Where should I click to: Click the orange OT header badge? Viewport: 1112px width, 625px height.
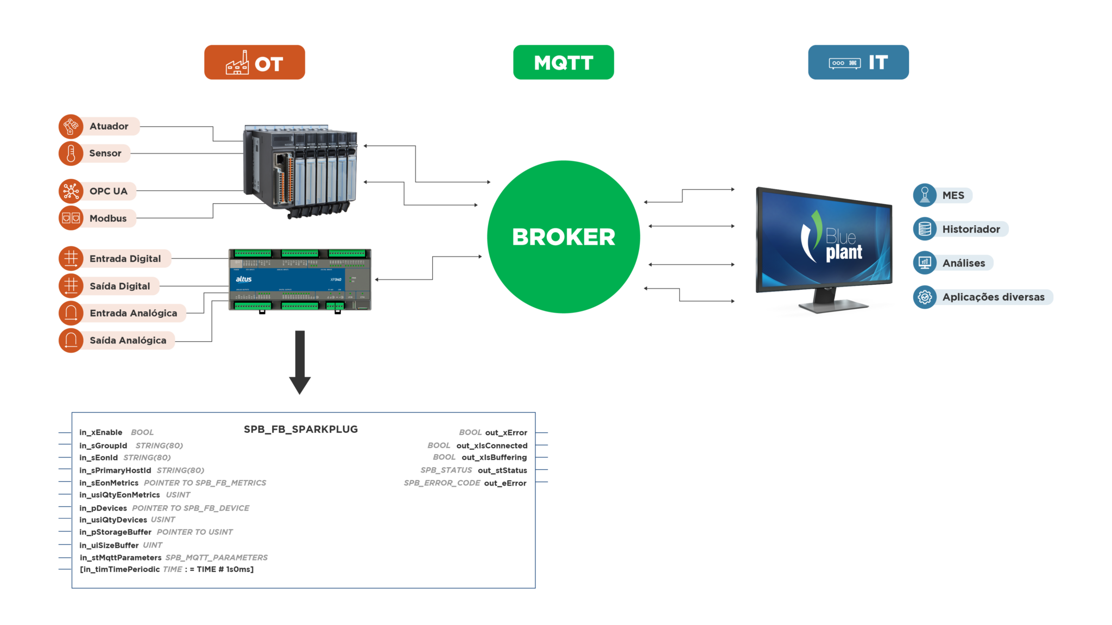[x=255, y=63]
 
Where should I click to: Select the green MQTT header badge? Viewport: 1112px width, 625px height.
[x=563, y=63]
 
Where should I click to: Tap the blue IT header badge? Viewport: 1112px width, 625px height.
[x=858, y=63]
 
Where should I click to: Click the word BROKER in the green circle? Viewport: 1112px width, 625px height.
[x=563, y=237]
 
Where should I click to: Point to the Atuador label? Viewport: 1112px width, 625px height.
[x=109, y=126]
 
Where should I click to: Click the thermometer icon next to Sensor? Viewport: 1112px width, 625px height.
[x=71, y=154]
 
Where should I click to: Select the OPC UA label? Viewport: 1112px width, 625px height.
[x=108, y=192]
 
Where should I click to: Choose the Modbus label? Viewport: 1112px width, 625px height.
[x=108, y=219]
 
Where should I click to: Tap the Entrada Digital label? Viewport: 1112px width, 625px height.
[x=125, y=259]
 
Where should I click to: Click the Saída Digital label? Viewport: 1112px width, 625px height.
[x=119, y=286]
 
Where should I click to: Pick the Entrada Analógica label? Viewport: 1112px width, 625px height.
[x=133, y=313]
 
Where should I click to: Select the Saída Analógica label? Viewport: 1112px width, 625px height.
[x=128, y=340]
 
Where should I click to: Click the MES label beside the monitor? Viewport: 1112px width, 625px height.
[x=953, y=195]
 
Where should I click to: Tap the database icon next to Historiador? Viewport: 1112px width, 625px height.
[x=925, y=229]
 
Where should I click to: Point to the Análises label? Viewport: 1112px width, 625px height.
[x=963, y=263]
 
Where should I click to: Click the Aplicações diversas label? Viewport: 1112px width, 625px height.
[x=993, y=297]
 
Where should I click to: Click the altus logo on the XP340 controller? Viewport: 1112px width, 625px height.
[x=244, y=279]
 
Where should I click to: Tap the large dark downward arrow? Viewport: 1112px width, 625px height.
[x=300, y=363]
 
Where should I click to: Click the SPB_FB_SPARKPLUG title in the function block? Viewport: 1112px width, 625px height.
[x=300, y=429]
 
